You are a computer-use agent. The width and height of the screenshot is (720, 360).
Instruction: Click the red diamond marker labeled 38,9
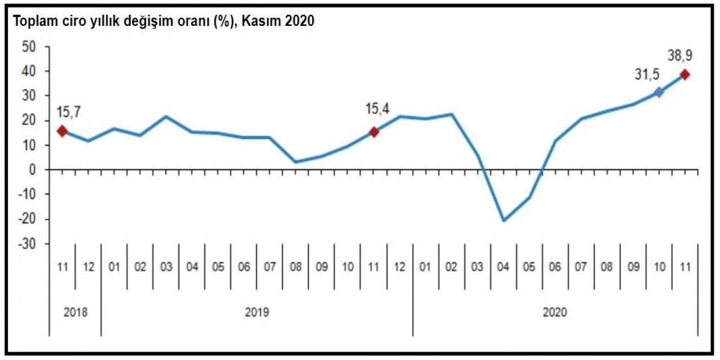click(x=685, y=74)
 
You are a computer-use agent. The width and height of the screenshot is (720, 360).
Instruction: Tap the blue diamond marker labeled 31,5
click(x=659, y=92)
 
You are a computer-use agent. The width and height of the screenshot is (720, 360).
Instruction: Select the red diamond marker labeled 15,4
click(x=373, y=132)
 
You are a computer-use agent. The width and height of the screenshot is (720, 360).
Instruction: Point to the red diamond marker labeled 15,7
click(x=62, y=131)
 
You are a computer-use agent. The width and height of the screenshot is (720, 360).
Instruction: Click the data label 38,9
click(x=680, y=56)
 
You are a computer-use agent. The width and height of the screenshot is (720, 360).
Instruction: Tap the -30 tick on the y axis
click(x=27, y=244)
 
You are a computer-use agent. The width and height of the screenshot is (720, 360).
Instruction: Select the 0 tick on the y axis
click(x=33, y=169)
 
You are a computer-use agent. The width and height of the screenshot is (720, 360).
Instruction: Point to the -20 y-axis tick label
click(x=27, y=219)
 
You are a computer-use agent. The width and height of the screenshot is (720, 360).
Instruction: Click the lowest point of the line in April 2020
click(x=503, y=220)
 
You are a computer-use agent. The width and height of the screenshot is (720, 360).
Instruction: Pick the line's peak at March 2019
click(x=166, y=117)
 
